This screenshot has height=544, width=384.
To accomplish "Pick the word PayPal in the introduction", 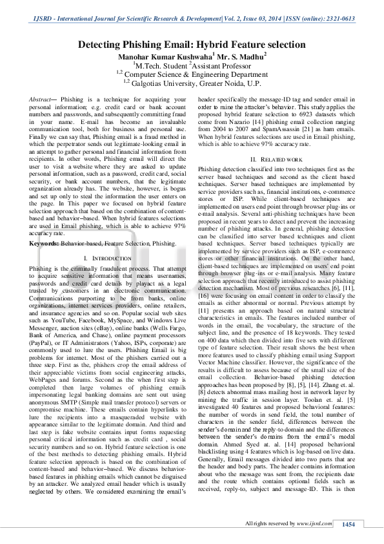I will click(x=43, y=341).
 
